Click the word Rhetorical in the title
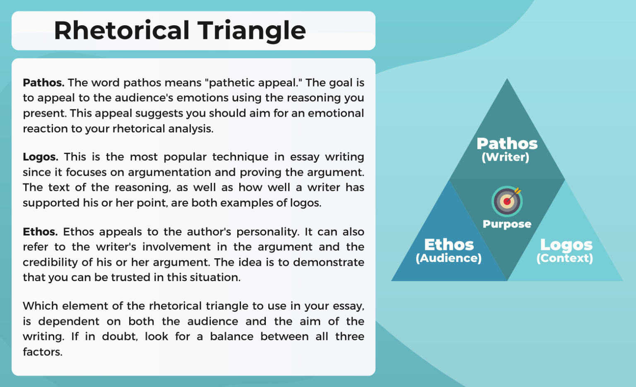tap(122, 31)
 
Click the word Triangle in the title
tap(252, 31)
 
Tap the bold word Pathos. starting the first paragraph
tap(43, 83)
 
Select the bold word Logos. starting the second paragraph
tap(40, 157)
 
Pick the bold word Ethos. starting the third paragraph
tap(40, 232)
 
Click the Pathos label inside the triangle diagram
tap(507, 144)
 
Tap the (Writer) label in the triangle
tap(505, 157)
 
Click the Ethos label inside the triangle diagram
tap(449, 245)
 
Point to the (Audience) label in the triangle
tap(449, 258)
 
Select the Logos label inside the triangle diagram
tap(566, 245)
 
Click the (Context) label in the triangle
tap(565, 258)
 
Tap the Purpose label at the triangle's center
tap(507, 224)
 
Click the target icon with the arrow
tap(507, 201)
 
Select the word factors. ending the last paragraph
tap(43, 352)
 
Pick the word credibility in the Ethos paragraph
tap(51, 262)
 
